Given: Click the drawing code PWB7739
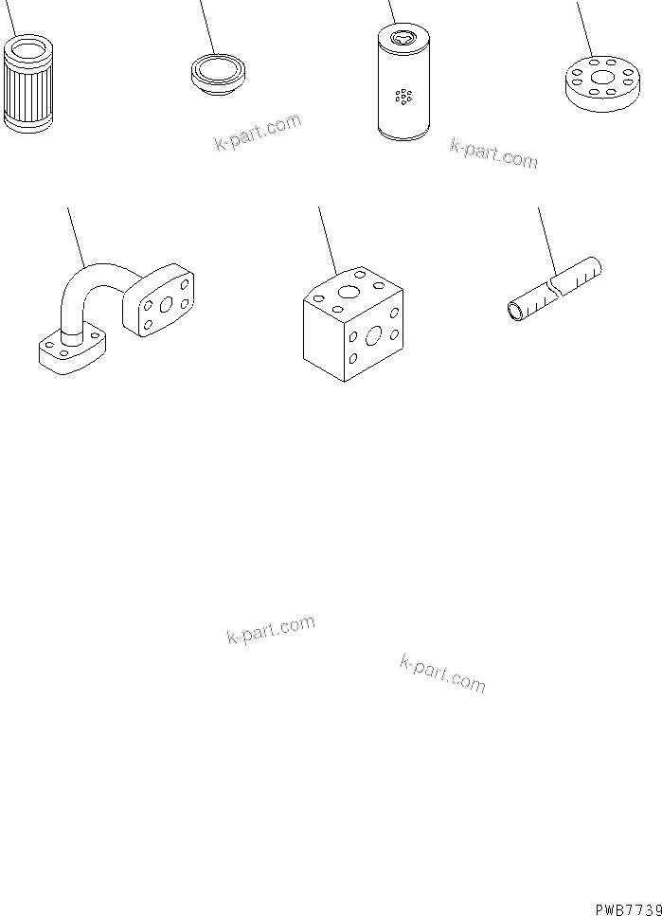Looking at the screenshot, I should coord(628,907).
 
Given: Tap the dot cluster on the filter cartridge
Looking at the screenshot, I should coord(404,96).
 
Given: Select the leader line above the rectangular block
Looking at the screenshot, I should coord(328,237).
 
